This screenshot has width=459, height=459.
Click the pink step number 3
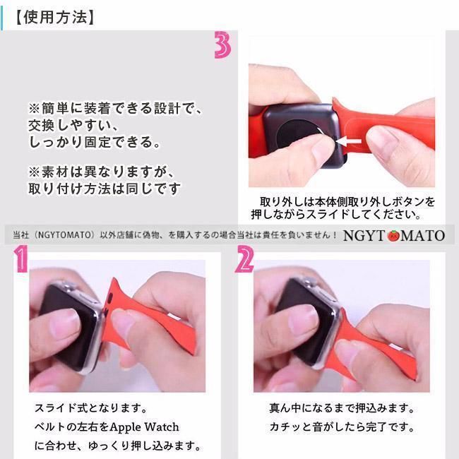tap(222, 44)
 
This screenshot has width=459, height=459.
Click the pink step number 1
tap(21, 258)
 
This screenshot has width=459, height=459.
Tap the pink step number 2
tap(244, 259)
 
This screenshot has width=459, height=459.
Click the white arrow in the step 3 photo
tap(349, 141)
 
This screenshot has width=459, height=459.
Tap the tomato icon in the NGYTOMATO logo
tap(393, 235)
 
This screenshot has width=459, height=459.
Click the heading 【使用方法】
tap(54, 17)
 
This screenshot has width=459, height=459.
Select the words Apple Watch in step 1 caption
tap(144, 427)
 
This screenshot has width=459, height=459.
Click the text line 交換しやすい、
tap(73, 126)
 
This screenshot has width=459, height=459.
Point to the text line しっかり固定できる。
tap(94, 143)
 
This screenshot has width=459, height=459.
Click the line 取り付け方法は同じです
tap(105, 189)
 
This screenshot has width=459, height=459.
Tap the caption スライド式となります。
tap(91, 408)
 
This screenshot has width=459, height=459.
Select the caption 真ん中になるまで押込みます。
tap(342, 408)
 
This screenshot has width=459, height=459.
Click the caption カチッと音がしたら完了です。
tap(342, 427)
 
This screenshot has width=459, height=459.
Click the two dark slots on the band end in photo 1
tap(109, 304)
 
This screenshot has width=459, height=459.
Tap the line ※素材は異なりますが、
tap(102, 172)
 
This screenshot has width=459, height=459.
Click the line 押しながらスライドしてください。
tap(336, 215)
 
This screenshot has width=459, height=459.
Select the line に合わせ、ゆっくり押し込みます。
tap(118, 446)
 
